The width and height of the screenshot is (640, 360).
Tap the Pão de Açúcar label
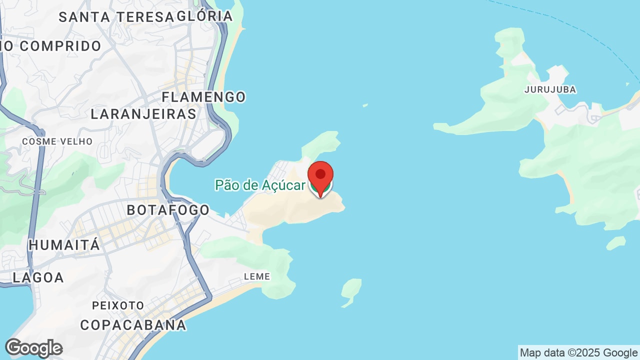tap(260, 185)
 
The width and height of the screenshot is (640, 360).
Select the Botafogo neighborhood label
tap(168, 210)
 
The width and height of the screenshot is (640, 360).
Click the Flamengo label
tap(204, 97)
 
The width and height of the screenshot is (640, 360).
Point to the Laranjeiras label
tap(143, 114)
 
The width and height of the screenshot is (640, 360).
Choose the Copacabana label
tap(133, 325)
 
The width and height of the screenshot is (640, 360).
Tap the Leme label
tap(257, 276)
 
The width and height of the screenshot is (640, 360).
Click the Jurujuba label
tap(550, 90)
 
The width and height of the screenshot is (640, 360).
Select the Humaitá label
tap(64, 245)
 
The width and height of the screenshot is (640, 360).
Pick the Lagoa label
tap(38, 277)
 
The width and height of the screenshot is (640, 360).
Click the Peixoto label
tap(118, 305)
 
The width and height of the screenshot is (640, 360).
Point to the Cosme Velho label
tap(57, 141)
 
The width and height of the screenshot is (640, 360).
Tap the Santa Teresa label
tap(116, 17)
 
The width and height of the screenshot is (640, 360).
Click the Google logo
tap(33, 348)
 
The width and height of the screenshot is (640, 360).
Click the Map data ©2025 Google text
tap(578, 353)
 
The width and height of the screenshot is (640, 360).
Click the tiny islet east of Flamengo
tap(365, 105)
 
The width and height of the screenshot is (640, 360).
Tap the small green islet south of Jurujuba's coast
tap(616, 243)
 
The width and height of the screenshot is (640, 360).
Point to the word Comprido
tap(60, 46)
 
